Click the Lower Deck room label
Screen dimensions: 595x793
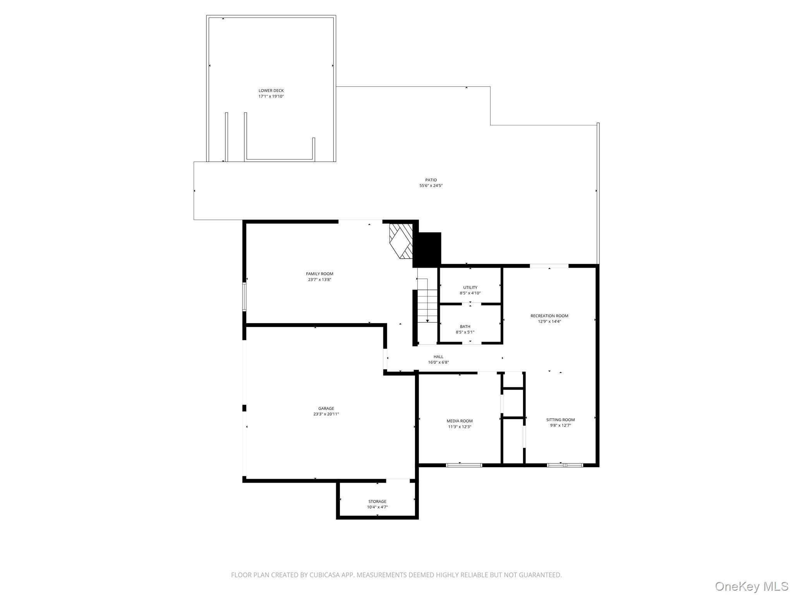tap(271, 91)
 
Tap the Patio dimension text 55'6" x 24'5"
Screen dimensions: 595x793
tap(431, 186)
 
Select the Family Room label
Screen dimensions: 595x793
tap(319, 274)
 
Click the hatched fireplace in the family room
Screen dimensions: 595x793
tap(401, 241)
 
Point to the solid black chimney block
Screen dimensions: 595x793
tap(427, 249)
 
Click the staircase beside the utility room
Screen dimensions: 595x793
tap(427, 306)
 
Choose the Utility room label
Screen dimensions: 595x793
tap(470, 287)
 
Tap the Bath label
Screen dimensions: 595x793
tap(465, 327)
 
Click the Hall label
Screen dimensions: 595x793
tap(438, 357)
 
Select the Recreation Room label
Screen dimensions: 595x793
tap(549, 316)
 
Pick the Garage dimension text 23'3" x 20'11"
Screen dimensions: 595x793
tap(326, 414)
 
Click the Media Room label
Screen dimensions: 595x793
tap(460, 421)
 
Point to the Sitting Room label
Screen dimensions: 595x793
tap(560, 420)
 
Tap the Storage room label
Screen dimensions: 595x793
tap(377, 502)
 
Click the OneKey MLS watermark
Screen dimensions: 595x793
tap(751, 586)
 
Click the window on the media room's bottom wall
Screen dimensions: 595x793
tap(464, 465)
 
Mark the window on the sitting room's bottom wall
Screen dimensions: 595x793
tap(565, 465)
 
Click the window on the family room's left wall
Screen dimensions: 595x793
tap(244, 297)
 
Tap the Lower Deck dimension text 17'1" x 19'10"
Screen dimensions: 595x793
tap(271, 96)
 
